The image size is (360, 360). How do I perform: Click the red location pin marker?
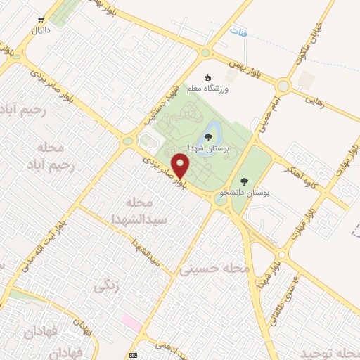(182, 165)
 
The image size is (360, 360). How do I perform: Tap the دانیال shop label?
(40, 30)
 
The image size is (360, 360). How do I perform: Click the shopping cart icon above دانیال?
(41, 20)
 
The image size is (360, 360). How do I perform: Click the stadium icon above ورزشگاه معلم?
(207, 77)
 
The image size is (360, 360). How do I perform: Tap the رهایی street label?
(314, 101)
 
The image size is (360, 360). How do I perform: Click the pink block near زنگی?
(130, 321)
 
